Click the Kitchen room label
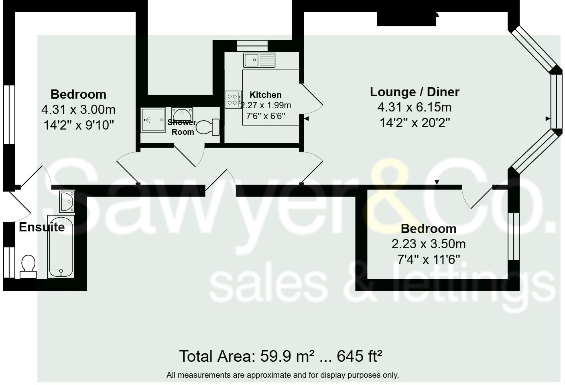265,95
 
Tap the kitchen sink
259,60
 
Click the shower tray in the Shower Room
153,120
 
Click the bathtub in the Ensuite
61,247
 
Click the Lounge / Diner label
415,92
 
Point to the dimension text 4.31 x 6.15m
415,107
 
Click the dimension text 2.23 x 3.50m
429,244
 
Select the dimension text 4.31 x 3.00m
78,109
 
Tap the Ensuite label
42,227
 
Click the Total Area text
280,356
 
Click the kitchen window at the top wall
252,46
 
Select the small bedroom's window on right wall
513,236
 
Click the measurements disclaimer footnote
282,375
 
